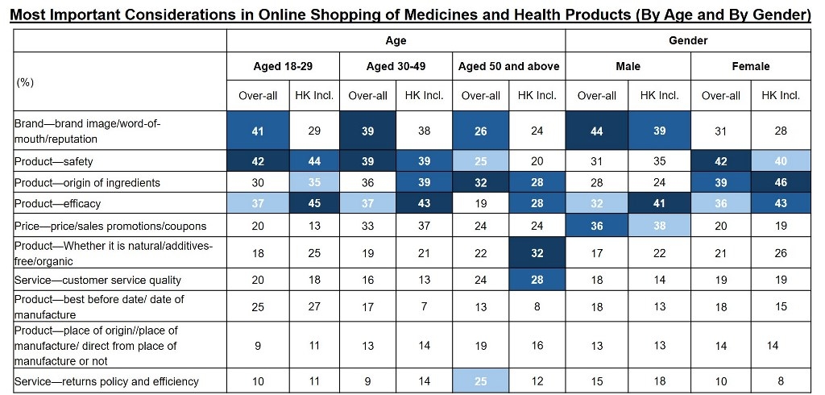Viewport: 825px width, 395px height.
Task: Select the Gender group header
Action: point(687,40)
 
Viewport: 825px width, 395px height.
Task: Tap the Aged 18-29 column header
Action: point(283,66)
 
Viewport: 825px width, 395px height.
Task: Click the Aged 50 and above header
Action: point(508,66)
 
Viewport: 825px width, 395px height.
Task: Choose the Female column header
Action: point(750,66)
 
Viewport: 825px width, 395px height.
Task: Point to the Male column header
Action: point(628,66)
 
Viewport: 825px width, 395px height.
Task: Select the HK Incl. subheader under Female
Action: point(780,95)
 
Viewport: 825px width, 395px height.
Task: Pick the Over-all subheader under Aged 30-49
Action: point(367,95)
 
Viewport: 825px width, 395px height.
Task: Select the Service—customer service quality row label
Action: point(97,280)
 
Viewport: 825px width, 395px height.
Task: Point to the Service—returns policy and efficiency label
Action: point(106,381)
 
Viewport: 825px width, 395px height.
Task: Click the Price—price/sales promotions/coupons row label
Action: point(110,226)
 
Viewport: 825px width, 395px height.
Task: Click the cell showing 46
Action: point(780,182)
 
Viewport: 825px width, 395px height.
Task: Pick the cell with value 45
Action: point(314,204)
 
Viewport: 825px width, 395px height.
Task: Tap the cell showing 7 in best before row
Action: point(424,306)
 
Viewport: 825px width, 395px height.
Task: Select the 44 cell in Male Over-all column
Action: point(597,131)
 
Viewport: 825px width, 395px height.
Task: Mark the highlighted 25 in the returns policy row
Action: point(480,381)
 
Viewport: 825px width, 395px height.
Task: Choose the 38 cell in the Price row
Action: point(659,226)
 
